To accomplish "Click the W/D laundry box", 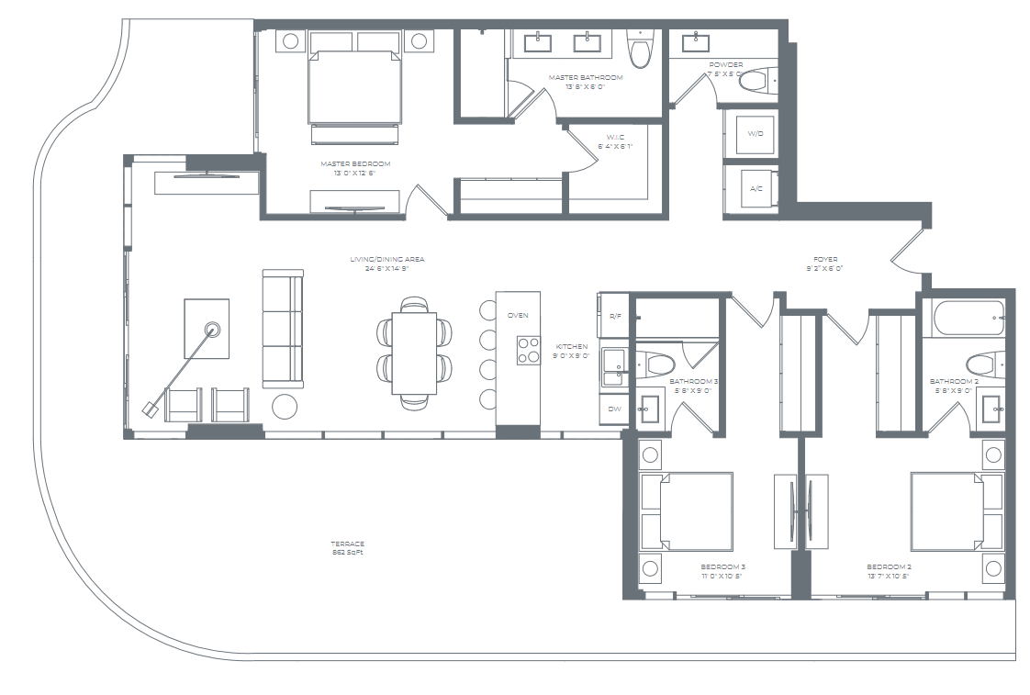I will coord(756,134).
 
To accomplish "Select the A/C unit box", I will coord(756,188).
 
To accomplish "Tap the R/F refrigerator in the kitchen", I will coord(614,315).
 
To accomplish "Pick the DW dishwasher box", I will coord(614,409).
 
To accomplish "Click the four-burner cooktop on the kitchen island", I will coord(528,351).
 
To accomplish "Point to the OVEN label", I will coord(518,315).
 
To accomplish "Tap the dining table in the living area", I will coord(414,353).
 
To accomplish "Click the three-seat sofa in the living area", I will coord(282,328).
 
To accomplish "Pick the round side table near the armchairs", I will coord(285,405).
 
